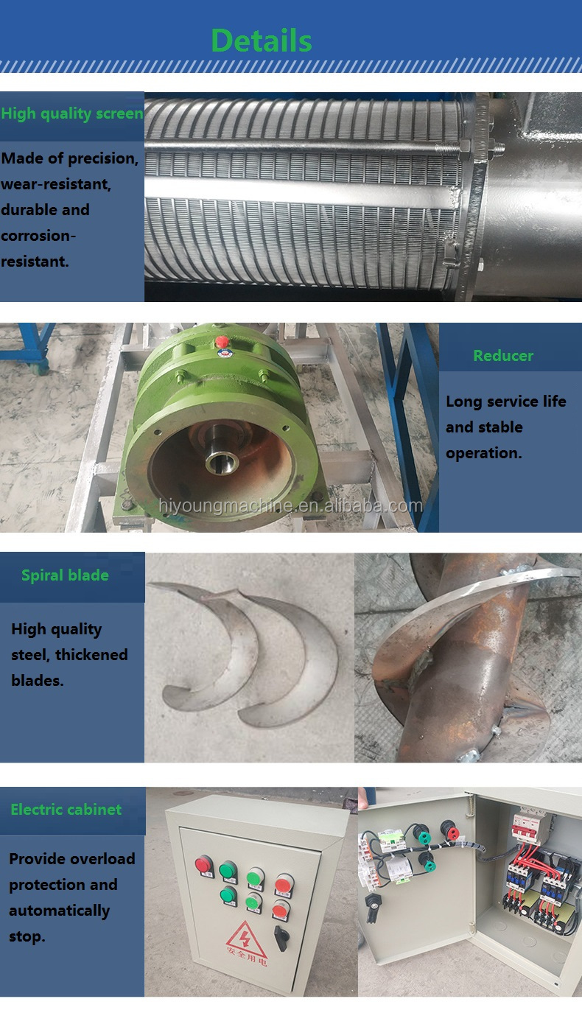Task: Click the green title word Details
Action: coord(262,41)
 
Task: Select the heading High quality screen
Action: coord(72,113)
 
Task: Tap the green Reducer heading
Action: coord(503,355)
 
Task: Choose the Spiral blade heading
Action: coord(65,575)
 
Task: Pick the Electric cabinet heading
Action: coord(66,809)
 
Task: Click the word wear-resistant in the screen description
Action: coord(56,184)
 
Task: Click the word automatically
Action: coord(59,911)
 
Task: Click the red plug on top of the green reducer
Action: coord(222,342)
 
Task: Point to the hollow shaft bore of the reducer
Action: coord(222,462)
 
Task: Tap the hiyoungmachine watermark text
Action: coord(291,505)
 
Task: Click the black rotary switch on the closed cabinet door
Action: coord(281,939)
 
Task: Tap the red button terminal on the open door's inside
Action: coord(449,830)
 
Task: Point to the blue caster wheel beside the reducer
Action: coord(40,368)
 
